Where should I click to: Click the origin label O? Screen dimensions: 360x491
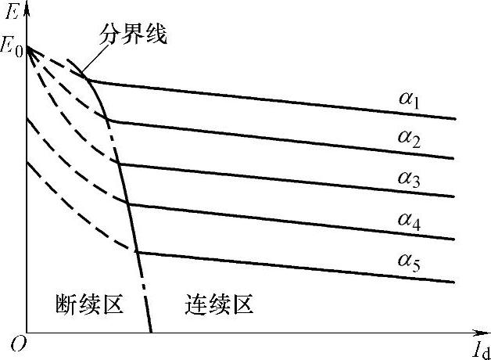[x=12, y=343]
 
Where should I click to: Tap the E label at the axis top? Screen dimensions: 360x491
[x=12, y=12]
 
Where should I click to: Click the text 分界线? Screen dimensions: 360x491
[x=133, y=35]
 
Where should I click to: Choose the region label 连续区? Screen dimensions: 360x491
[x=220, y=304]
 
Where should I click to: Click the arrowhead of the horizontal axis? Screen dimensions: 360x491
[x=482, y=332]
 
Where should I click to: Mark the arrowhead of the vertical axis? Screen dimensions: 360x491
[x=27, y=6]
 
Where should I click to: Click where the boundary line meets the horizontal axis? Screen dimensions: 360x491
[x=150, y=332]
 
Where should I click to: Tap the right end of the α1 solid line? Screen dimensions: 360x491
[x=455, y=119]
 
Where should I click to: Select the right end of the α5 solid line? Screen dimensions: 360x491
[x=455, y=282]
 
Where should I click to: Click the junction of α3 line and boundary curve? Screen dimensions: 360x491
[x=120, y=164]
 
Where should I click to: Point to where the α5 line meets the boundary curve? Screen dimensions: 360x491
[x=137, y=252]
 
